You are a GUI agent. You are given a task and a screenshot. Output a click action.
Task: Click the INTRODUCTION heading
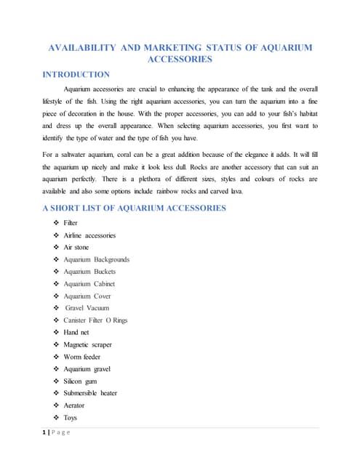76,74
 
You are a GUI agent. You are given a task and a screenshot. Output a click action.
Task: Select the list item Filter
71,223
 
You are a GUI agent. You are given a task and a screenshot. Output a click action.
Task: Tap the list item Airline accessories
89,235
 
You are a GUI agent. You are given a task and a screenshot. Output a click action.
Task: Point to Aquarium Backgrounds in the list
96,259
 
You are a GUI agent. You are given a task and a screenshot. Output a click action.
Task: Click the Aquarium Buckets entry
89,272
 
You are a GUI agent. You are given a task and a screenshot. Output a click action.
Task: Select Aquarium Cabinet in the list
89,284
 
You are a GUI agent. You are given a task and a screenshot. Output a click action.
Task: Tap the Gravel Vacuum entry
87,308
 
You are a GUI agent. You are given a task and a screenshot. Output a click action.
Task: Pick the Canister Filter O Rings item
95,320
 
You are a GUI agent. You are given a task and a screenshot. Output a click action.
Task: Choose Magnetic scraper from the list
87,344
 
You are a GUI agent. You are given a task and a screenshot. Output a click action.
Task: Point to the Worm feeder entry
81,357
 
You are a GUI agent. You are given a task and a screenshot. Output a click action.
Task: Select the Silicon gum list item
80,381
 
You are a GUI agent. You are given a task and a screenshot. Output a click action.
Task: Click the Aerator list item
73,405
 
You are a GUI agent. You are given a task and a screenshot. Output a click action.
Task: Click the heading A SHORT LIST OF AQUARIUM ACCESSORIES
135,208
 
